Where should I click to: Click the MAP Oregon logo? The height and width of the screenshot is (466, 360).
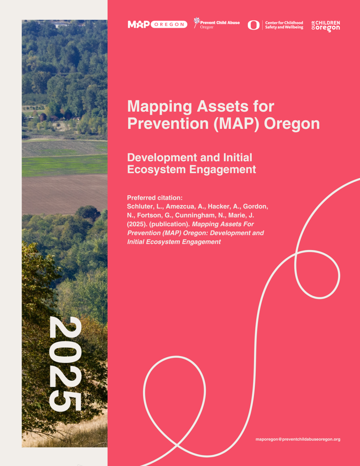click(x=157, y=24)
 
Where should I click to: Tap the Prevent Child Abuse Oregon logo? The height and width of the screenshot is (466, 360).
click(x=217, y=24)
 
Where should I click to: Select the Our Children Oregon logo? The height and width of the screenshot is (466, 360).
click(x=326, y=26)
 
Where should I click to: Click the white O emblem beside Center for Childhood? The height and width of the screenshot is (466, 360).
click(x=254, y=25)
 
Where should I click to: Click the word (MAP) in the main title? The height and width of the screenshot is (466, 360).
click(x=236, y=124)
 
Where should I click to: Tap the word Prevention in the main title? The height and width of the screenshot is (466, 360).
click(x=168, y=124)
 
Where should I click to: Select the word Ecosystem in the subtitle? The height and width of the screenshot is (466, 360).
click(x=156, y=169)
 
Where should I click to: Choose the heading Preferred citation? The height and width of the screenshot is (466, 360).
click(x=155, y=198)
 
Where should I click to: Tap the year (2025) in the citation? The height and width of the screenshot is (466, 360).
click(x=137, y=224)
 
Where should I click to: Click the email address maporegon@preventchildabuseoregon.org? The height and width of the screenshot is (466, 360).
click(x=298, y=439)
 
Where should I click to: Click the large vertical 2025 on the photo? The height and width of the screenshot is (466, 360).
click(x=65, y=364)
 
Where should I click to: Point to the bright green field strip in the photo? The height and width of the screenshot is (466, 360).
click(x=64, y=165)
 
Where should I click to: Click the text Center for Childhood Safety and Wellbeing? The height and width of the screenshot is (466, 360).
click(x=284, y=25)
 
